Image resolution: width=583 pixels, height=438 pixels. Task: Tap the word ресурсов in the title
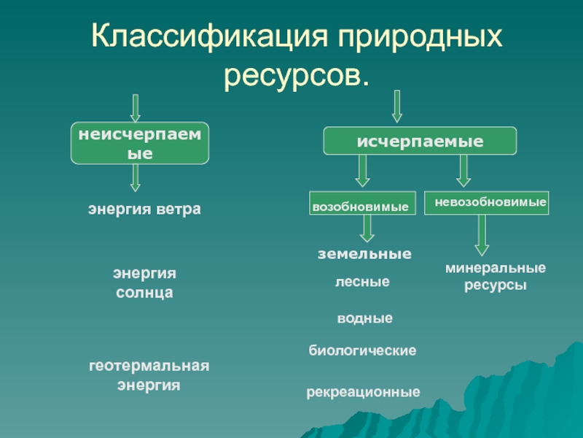[x=295, y=74]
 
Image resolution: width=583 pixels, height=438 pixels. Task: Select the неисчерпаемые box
[x=140, y=143]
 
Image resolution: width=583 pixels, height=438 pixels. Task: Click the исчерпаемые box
[x=420, y=141]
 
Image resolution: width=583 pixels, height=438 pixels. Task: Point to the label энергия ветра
[x=144, y=210]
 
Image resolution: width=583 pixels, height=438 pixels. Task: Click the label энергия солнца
[x=144, y=283]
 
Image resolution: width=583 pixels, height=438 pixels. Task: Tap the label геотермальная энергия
[x=149, y=374]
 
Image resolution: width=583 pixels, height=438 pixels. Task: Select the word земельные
[x=364, y=255]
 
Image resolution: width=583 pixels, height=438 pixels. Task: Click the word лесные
[x=362, y=281]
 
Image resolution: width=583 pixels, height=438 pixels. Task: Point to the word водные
[x=364, y=318]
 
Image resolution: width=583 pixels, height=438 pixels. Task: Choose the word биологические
[x=363, y=350]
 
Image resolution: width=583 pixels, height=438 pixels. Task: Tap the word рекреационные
[x=363, y=392]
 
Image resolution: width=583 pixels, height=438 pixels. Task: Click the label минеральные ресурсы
[x=496, y=277]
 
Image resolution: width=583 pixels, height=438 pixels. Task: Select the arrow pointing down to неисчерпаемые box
[x=135, y=107]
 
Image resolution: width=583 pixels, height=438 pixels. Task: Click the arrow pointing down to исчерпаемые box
[x=396, y=106]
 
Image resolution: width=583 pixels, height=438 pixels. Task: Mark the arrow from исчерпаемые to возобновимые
[x=363, y=172]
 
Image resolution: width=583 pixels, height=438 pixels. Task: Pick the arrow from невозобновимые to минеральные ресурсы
[x=481, y=234]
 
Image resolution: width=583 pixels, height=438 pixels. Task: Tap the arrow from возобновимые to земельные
[x=367, y=228]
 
